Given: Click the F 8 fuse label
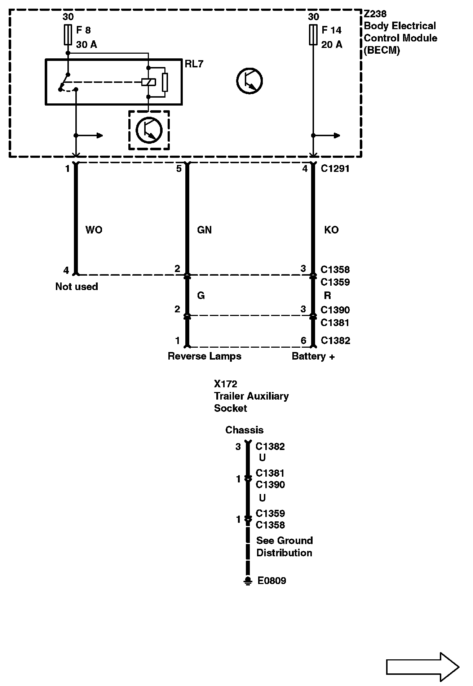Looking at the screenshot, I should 83,30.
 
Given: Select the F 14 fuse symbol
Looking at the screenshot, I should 313,35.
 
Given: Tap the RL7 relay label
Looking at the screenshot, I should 194,64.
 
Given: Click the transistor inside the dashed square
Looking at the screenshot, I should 149,130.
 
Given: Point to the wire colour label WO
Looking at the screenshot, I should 94,230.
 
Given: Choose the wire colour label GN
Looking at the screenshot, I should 204,230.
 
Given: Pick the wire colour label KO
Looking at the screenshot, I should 331,230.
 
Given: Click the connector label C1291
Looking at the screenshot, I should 335,169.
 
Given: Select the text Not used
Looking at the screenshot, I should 76,286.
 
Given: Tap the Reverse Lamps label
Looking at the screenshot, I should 204,356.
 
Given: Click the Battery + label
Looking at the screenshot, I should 313,356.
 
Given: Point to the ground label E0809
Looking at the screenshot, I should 271,581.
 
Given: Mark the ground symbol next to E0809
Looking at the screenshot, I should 248,581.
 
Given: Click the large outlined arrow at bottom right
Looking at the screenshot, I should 422,667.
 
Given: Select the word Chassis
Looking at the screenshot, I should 244,430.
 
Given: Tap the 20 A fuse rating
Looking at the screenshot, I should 332,45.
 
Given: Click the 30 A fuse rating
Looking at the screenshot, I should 87,45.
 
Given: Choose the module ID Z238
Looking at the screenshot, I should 375,14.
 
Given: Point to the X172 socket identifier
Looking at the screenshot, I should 225,384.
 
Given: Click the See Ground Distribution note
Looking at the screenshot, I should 284,547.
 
